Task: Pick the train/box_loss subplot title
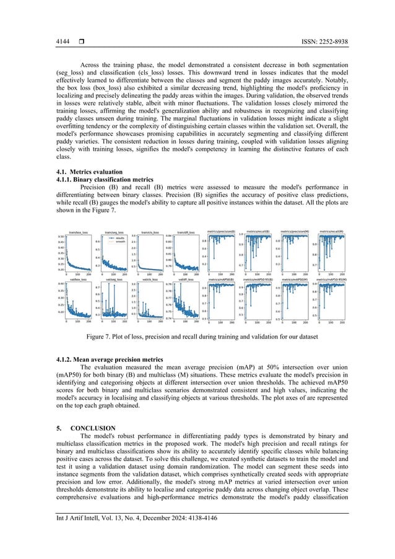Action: click(x=78, y=232)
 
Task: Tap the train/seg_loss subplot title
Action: click(x=114, y=232)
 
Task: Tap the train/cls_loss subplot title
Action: click(x=150, y=232)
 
